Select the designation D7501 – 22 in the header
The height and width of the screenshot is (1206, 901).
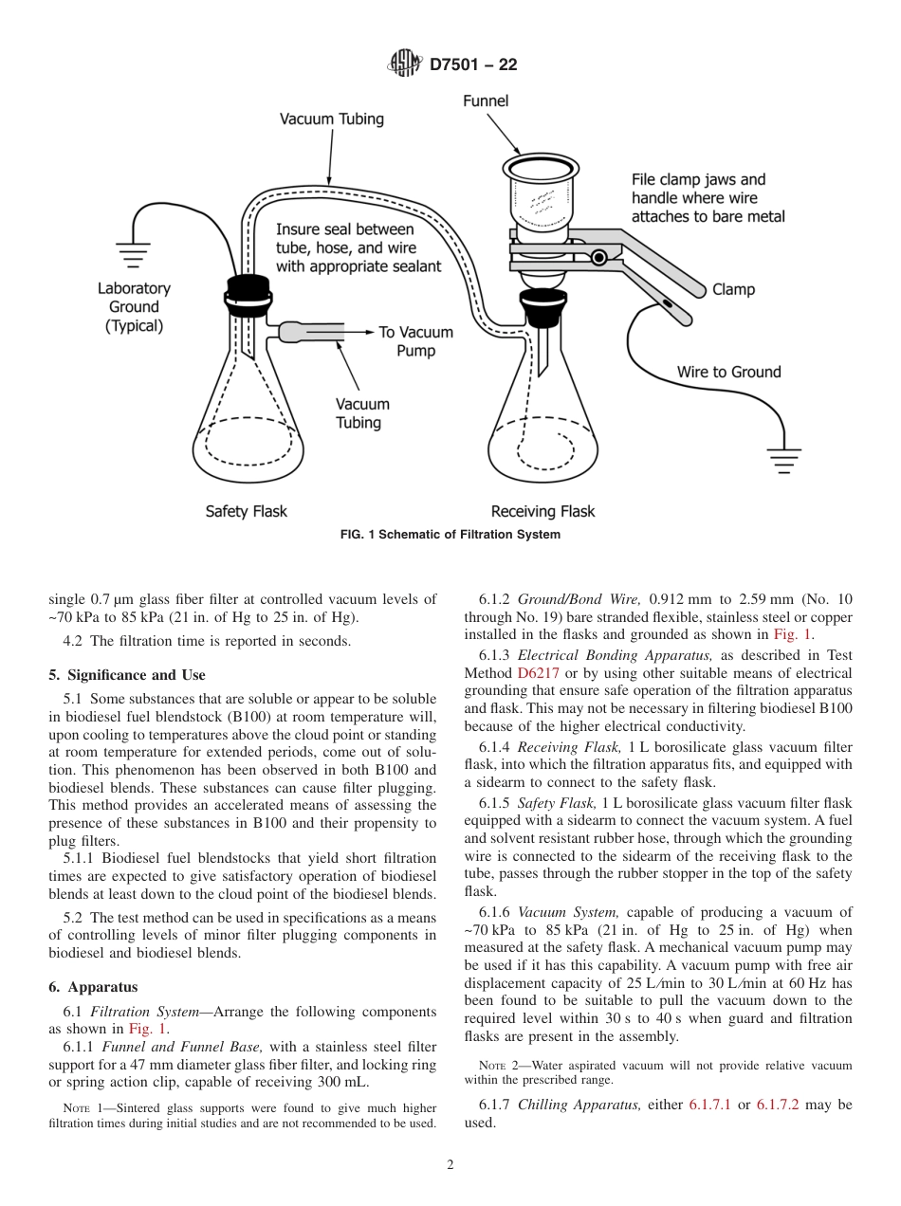click(473, 65)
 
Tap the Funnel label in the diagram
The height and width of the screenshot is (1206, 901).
click(486, 100)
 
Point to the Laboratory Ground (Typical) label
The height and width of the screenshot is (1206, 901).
click(134, 307)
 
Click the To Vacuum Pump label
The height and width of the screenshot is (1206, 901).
click(415, 341)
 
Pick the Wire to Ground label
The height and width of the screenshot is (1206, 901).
click(728, 372)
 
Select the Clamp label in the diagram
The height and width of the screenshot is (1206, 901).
click(733, 289)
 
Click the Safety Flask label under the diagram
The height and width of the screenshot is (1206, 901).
click(246, 511)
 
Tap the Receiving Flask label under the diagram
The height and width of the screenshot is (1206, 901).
click(542, 511)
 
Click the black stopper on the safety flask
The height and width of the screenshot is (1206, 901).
click(245, 294)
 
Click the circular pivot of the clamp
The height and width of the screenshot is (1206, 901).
click(598, 257)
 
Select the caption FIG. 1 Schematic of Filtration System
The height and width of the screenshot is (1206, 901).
click(450, 535)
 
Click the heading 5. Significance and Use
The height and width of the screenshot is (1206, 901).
click(127, 675)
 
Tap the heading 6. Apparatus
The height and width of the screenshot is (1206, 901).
click(93, 986)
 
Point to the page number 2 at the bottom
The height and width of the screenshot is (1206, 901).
click(450, 1165)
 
